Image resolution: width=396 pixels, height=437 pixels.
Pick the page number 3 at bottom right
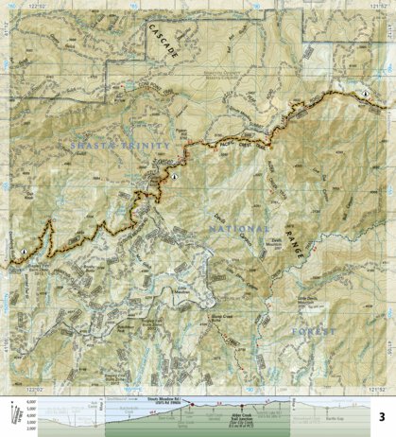382,416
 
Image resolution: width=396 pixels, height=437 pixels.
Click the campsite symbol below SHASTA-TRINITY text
175,176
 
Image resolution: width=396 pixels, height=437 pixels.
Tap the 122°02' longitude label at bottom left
35,389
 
